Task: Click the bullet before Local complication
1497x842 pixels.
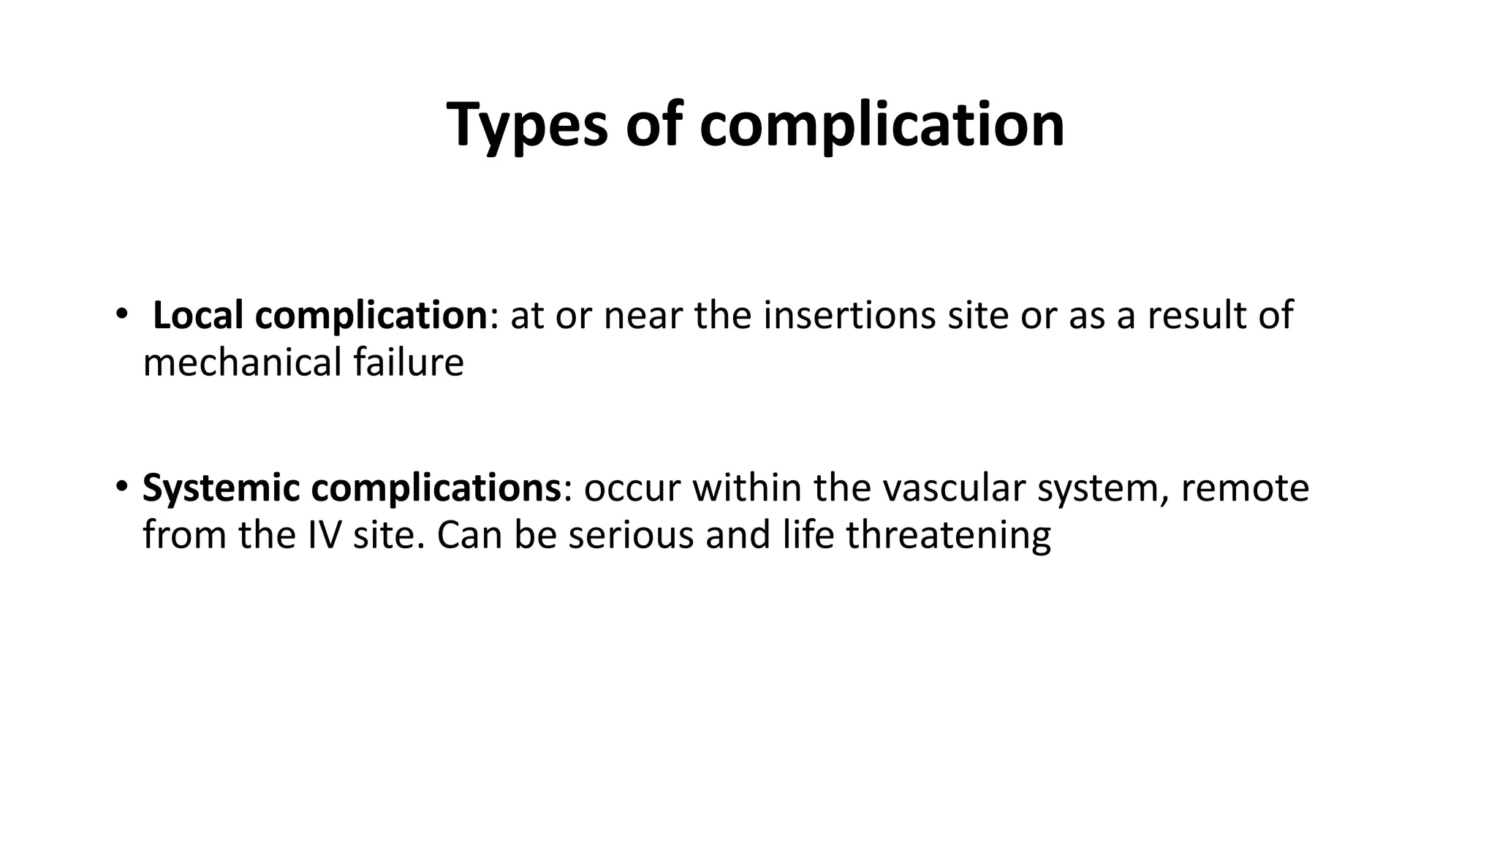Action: pos(121,315)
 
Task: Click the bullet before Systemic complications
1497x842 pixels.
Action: pos(121,487)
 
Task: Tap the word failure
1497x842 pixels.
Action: pos(409,363)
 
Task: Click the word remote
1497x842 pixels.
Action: pos(1244,488)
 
